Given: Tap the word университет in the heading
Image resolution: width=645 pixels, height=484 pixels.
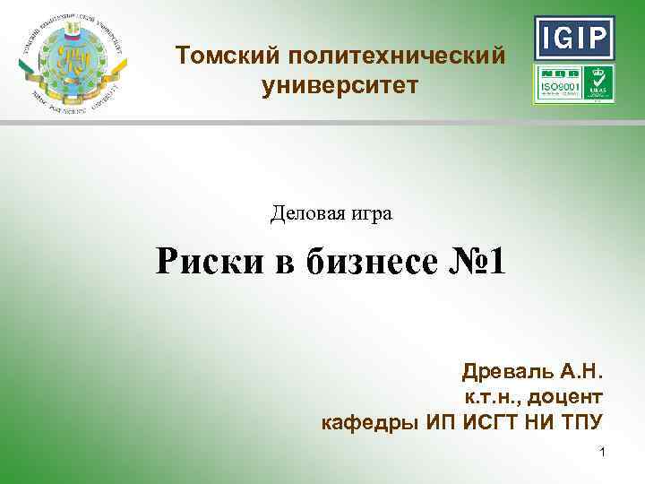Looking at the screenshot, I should tap(340, 86).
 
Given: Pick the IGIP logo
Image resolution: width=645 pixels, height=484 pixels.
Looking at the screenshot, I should tap(574, 37).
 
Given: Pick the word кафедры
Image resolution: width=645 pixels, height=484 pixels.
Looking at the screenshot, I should tap(361, 422).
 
